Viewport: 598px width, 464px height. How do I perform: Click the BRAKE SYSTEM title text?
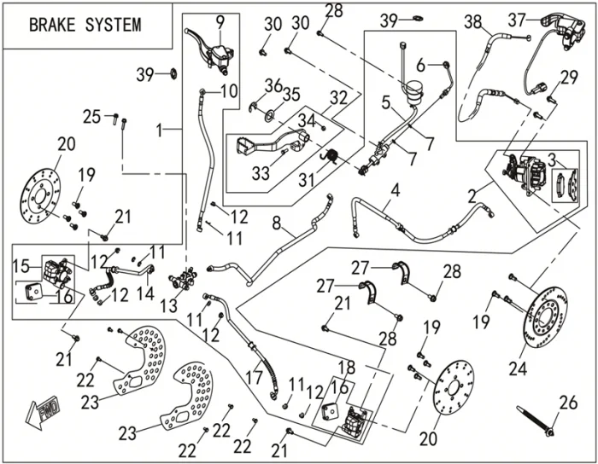(x=85, y=24)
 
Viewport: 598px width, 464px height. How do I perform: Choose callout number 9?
(x=220, y=19)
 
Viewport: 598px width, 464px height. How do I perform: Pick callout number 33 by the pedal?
(x=261, y=173)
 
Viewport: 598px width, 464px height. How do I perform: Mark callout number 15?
(x=23, y=267)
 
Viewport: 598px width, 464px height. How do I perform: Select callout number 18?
(x=346, y=367)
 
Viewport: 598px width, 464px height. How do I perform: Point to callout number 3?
(x=554, y=158)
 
